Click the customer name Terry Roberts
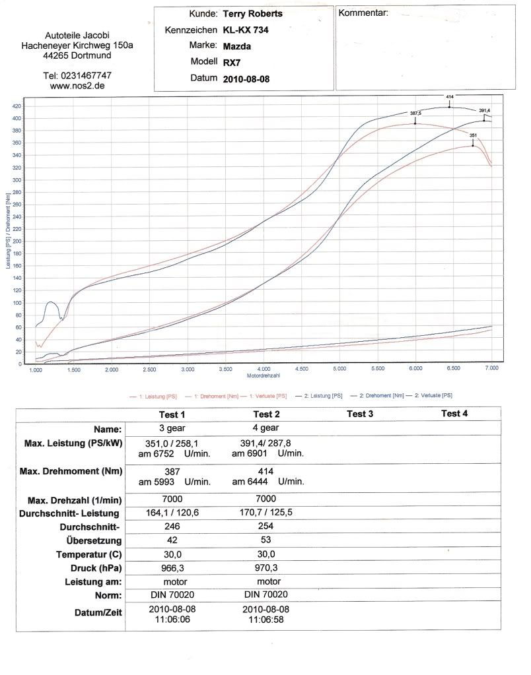[x=253, y=13]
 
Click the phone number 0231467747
[x=77, y=75]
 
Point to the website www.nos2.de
[x=77, y=86]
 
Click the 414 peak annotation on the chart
[x=450, y=97]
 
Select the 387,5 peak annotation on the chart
[x=415, y=113]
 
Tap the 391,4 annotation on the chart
[x=485, y=110]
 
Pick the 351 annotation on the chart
[x=473, y=135]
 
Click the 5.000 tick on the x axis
[x=340, y=370]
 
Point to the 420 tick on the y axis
[x=17, y=106]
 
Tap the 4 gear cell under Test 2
[x=264, y=428]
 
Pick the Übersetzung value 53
[x=264, y=539]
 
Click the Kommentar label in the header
[x=363, y=13]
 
